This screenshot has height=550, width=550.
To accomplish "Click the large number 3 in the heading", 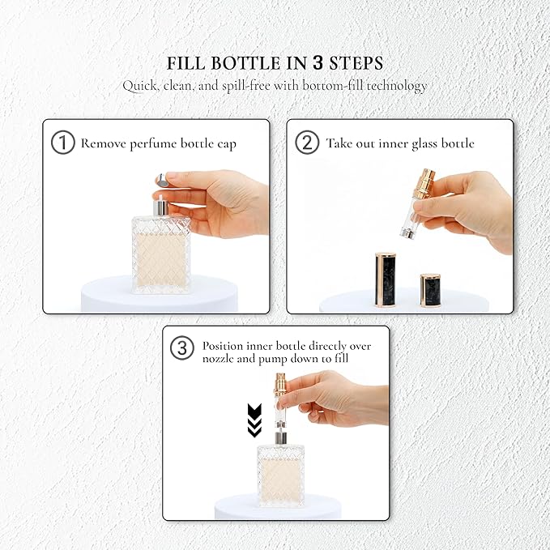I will (322, 63).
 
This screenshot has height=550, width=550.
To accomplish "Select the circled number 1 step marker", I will (62, 143).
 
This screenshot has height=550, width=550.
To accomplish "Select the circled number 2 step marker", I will (307, 143).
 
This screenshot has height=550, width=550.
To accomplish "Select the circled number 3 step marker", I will (183, 349).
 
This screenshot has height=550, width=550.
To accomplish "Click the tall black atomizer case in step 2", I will (383, 280).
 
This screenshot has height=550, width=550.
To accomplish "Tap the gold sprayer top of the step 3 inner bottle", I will (279, 386).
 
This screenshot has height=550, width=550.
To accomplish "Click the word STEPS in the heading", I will (356, 64).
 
